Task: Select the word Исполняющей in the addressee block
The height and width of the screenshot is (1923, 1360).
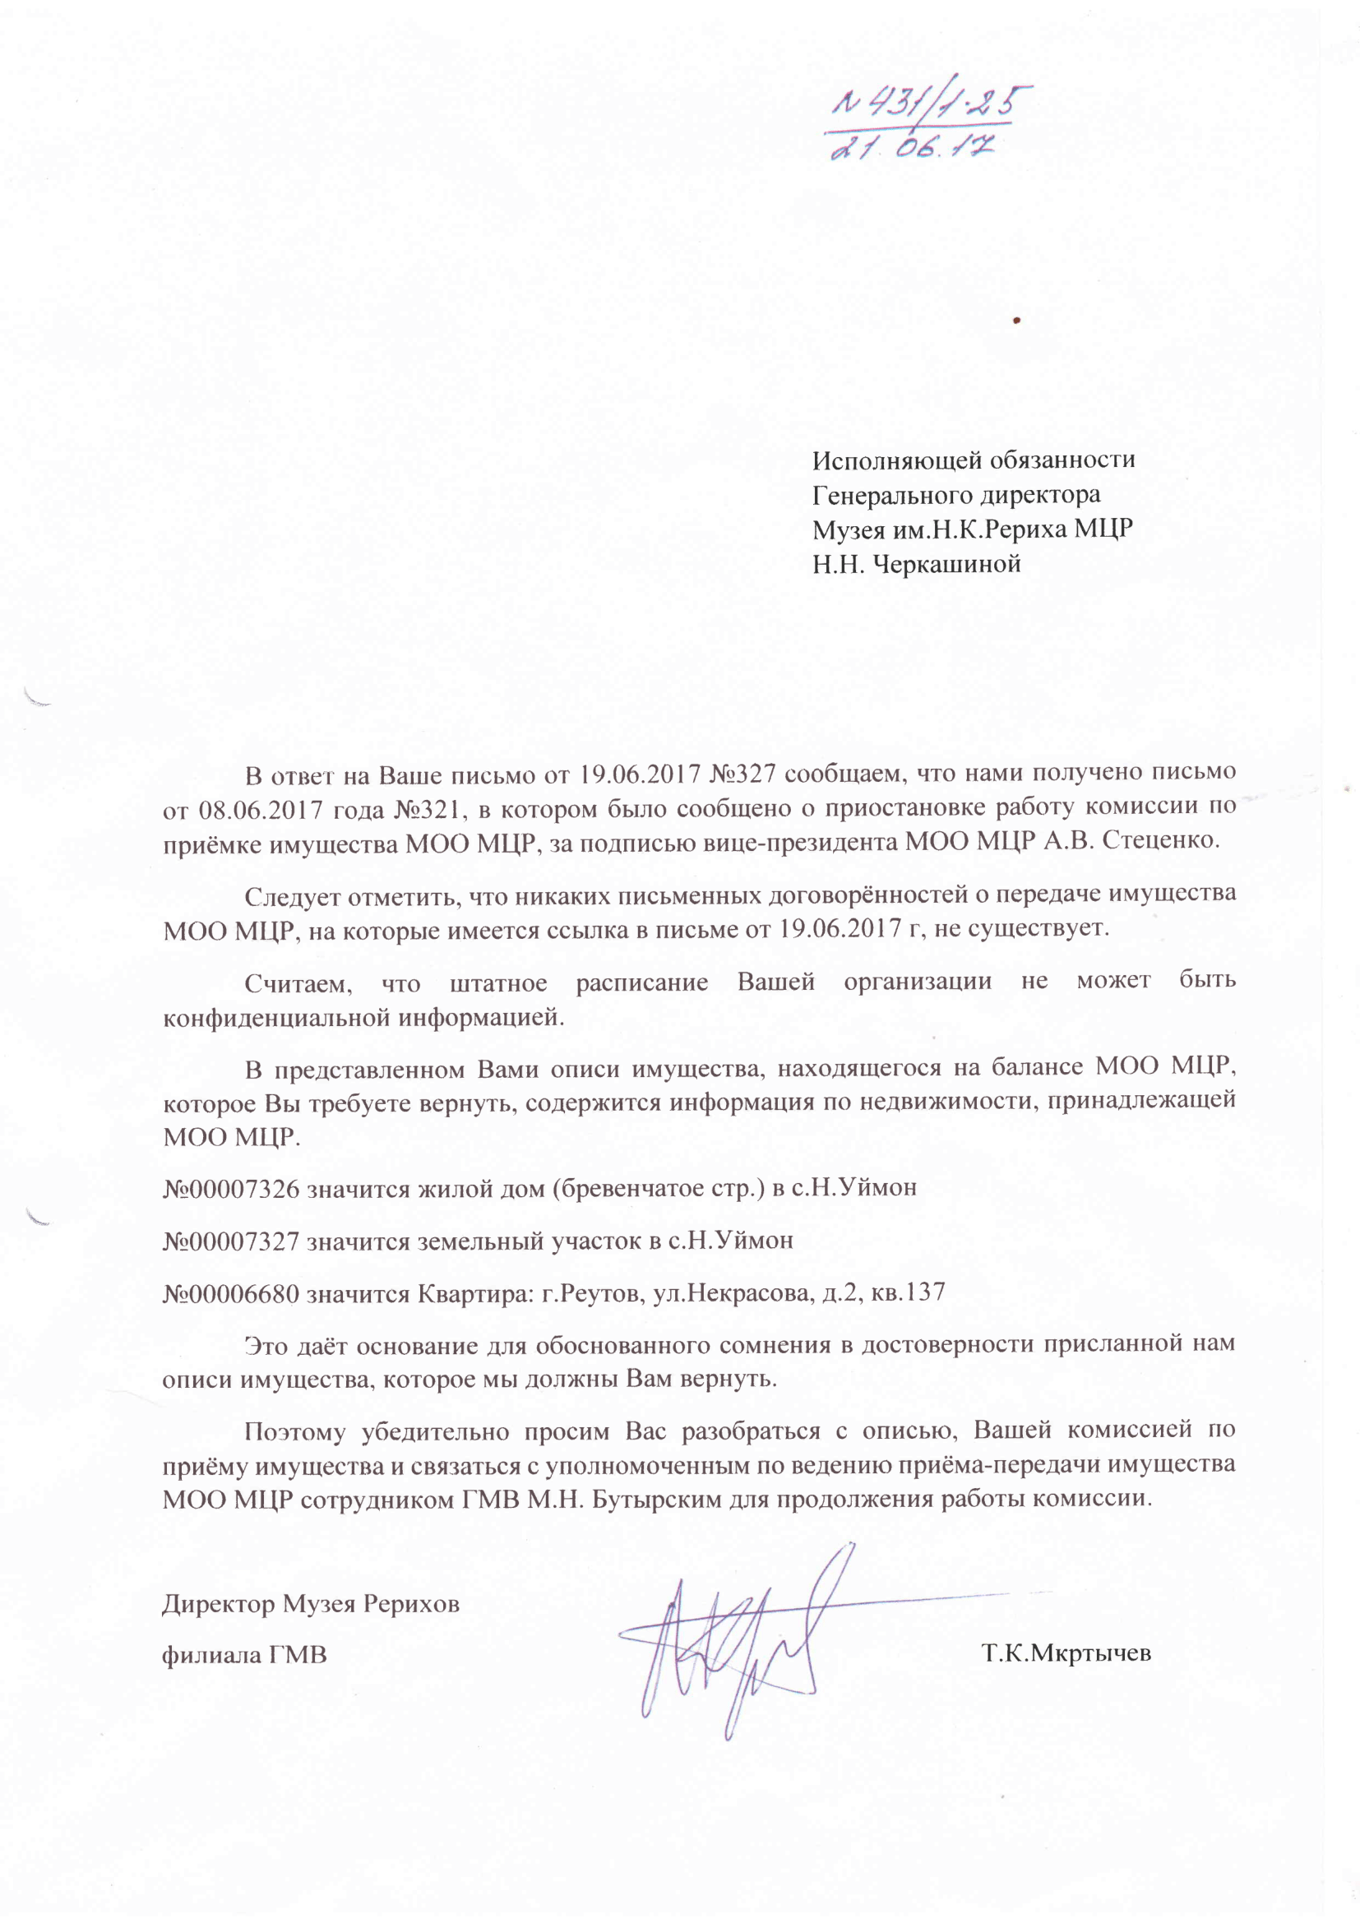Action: (897, 460)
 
